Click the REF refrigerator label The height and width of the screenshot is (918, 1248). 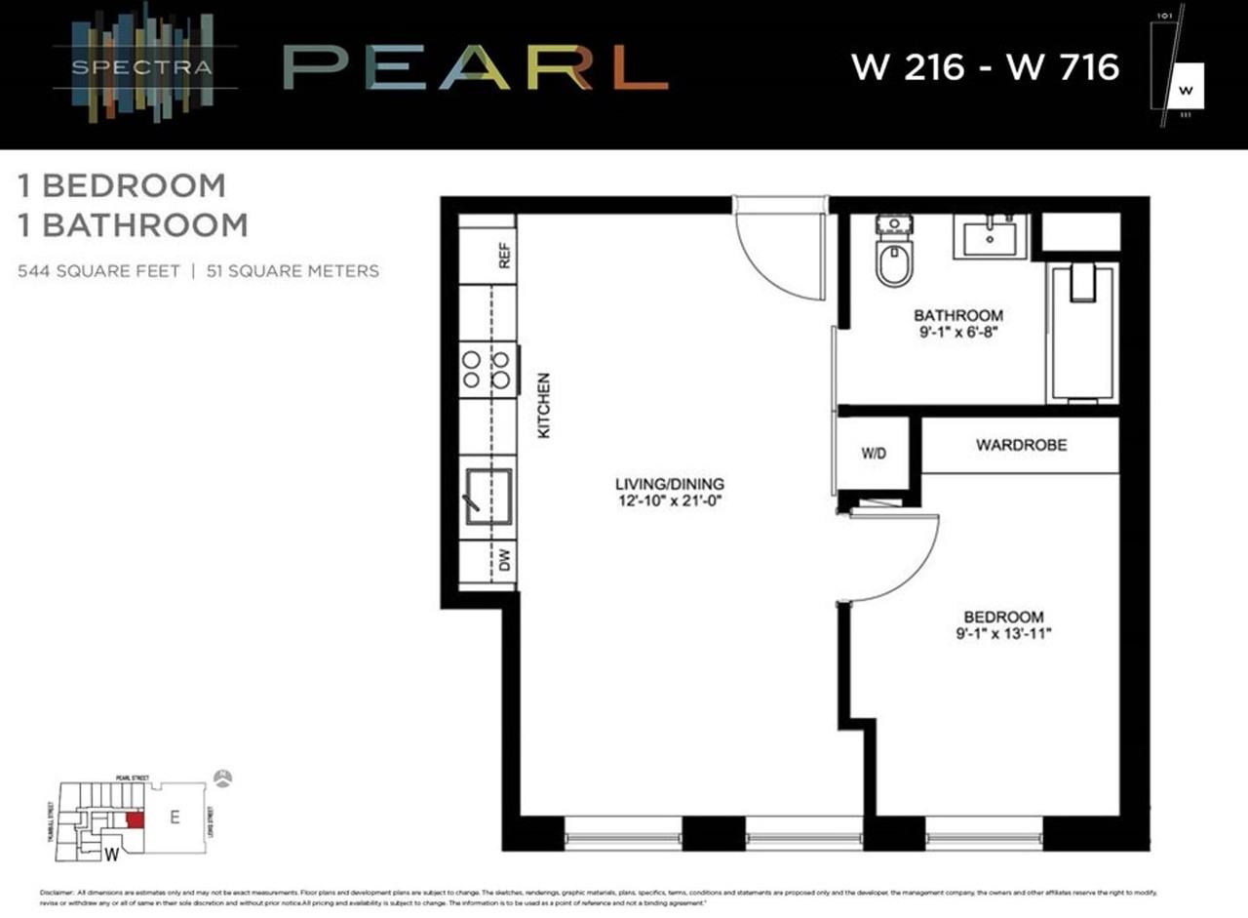click(x=504, y=257)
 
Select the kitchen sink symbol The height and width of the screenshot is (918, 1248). click(x=488, y=496)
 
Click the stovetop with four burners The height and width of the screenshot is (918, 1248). click(x=487, y=370)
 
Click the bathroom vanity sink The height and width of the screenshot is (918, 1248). click(x=990, y=236)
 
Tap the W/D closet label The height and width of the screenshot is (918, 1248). click(x=874, y=454)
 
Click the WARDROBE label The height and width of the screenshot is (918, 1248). click(x=1021, y=445)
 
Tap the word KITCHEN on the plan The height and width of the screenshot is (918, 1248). click(x=545, y=405)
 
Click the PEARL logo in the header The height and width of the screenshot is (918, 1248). click(x=475, y=68)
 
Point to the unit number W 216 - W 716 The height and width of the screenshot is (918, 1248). click(x=985, y=67)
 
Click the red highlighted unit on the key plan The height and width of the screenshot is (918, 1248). click(x=136, y=819)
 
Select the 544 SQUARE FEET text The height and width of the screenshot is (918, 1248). click(x=98, y=271)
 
